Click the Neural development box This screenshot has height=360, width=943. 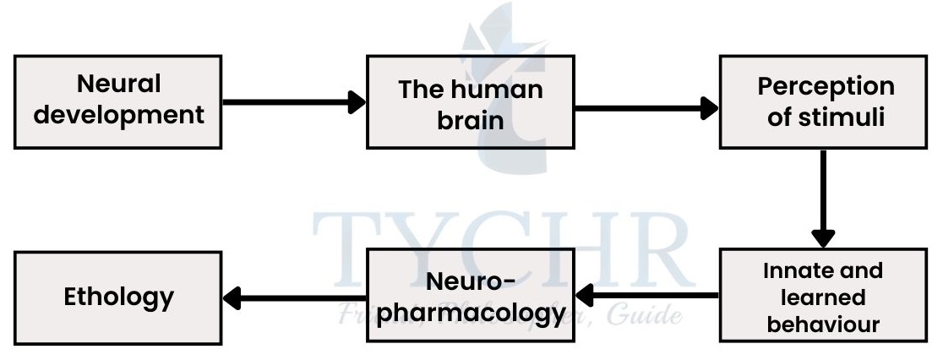click(119, 101)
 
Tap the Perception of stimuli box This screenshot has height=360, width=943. click(824, 101)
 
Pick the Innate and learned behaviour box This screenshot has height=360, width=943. click(824, 296)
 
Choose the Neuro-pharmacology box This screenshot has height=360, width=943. click(470, 296)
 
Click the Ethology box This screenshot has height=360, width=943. click(119, 296)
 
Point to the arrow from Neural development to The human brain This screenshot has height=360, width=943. click(292, 102)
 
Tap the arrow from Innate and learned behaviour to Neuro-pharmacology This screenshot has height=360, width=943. click(646, 296)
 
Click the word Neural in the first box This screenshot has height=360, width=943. click(119, 85)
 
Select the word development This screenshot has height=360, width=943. click(125, 114)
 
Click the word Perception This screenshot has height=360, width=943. click(826, 86)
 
